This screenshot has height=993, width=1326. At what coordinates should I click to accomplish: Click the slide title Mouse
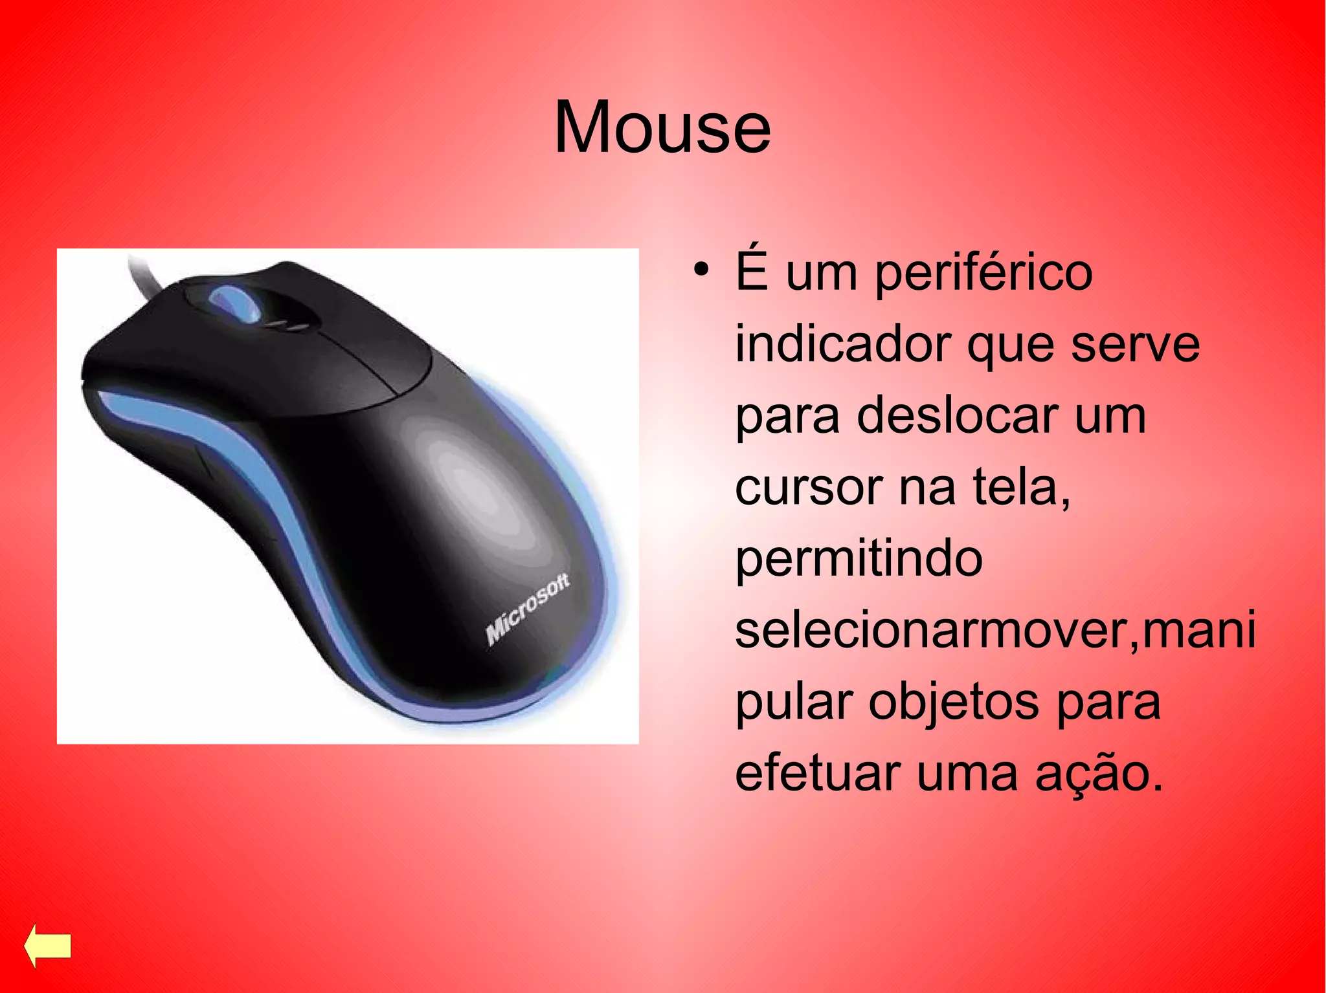pyautogui.click(x=662, y=128)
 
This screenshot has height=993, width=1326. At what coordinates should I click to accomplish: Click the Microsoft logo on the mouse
pyautogui.click(x=528, y=609)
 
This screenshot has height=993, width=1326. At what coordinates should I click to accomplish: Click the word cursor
pyautogui.click(x=809, y=488)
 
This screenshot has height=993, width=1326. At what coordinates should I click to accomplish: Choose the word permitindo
pyautogui.click(x=859, y=560)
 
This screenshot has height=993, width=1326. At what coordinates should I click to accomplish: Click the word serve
pyautogui.click(x=1134, y=344)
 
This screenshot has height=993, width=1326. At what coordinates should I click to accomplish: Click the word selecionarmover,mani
pyautogui.click(x=994, y=630)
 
